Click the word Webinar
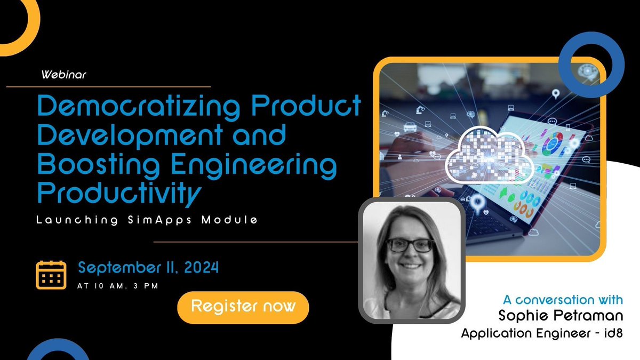[63, 75]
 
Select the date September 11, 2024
[148, 267]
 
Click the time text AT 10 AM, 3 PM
[117, 286]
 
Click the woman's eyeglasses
[409, 245]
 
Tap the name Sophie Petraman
[554, 316]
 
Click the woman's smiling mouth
[410, 265]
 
